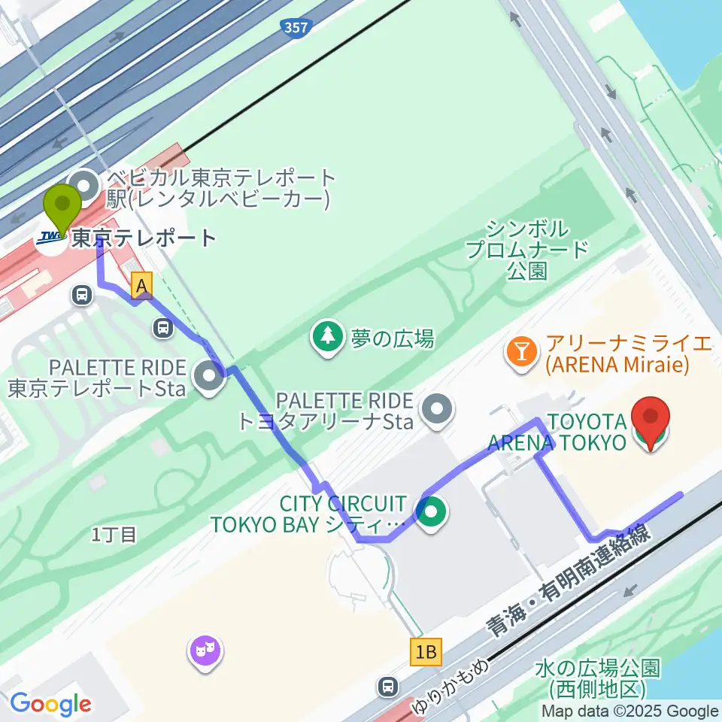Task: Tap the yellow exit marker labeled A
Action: coord(141,284)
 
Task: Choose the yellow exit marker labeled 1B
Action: coord(426,651)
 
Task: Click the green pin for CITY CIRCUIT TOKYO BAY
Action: coord(432,515)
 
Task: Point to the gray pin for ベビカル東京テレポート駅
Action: coord(83,184)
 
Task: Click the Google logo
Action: coord(50,703)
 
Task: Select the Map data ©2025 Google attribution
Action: coord(630,711)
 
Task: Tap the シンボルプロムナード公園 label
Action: coord(526,250)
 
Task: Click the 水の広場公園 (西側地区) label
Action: coord(599,677)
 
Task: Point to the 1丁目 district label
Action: coord(114,535)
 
